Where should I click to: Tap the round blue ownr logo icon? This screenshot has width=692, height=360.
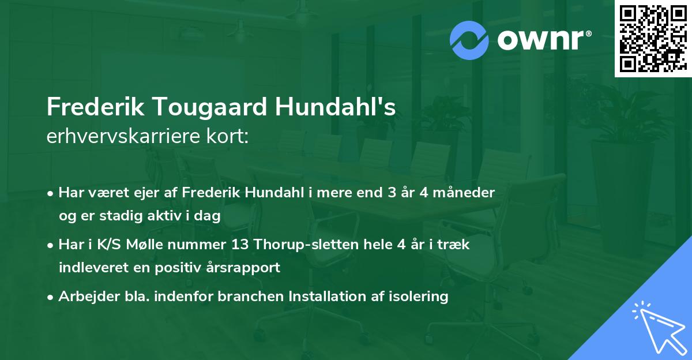point(468,40)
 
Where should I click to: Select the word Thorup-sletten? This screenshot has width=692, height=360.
point(304,244)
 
